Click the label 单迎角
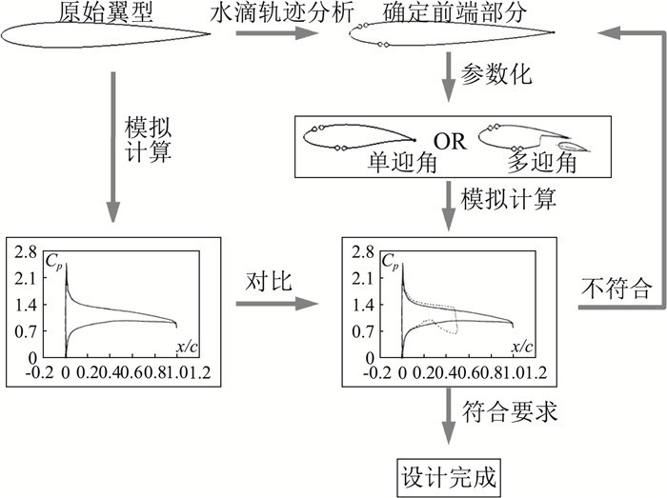click(x=401, y=164)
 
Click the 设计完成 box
click(x=446, y=472)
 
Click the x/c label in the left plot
click(x=188, y=343)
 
